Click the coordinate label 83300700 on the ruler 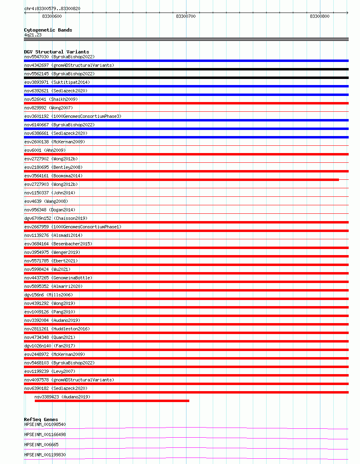pos(186,16)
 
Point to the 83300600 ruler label pos(52,16)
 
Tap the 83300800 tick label pos(320,16)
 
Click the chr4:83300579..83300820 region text pos(52,9)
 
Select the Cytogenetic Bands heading pos(48,30)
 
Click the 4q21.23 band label pos(33,35)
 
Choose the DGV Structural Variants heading pos(56,52)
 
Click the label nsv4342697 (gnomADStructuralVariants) pos(69,65)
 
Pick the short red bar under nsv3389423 pos(112,401)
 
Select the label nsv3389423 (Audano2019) pos(62,397)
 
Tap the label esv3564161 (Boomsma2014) pos(53,176)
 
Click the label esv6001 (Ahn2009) pos(44,150)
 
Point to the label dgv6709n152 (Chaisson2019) pos(55,218)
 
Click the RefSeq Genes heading pos(41,419)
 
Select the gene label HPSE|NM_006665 pos(41,445)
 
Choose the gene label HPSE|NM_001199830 pos(45,455)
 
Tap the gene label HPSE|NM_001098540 pos(45,424)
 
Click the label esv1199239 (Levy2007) pos(50,371)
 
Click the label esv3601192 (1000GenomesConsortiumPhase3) pos(72,116)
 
